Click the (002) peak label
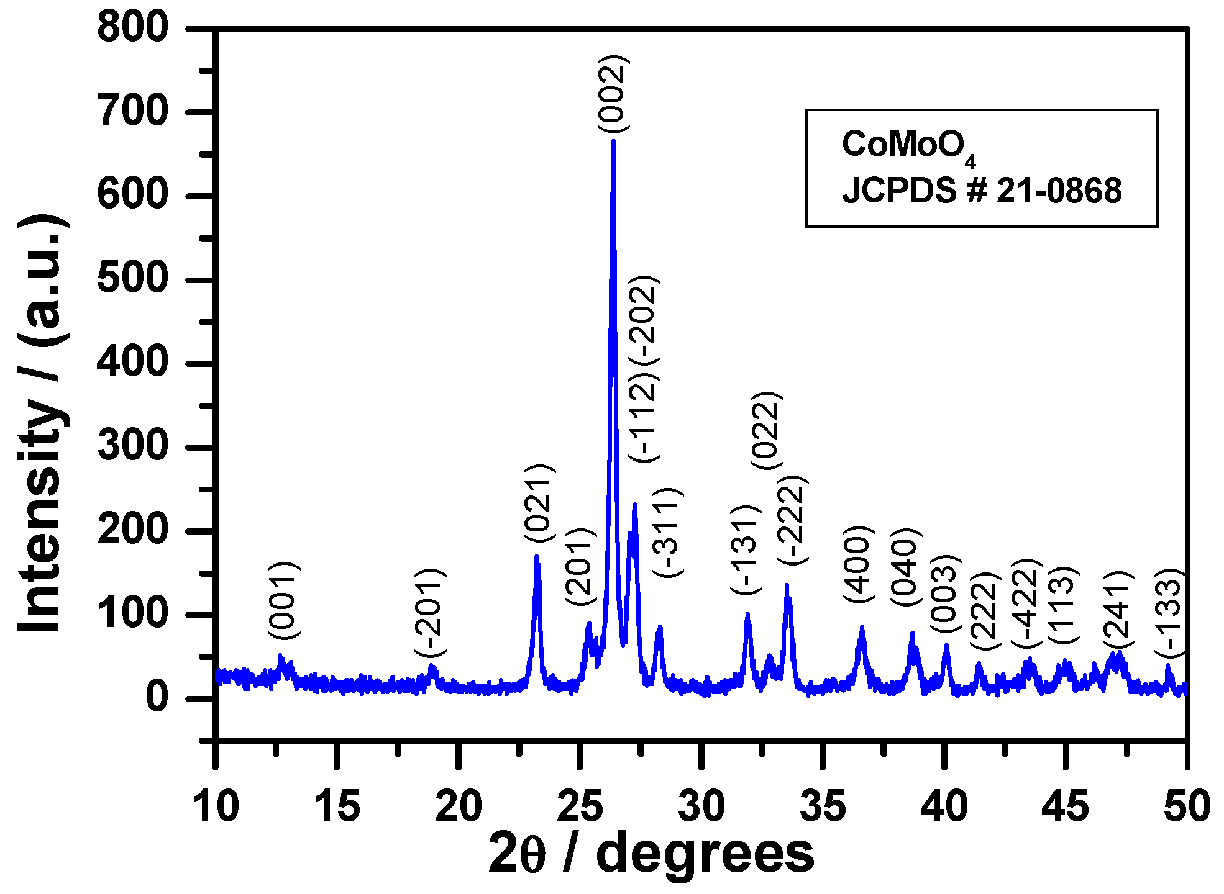click(614, 93)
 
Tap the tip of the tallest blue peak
click(613, 142)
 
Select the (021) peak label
click(539, 503)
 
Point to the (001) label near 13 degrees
click(284, 600)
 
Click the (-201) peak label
click(431, 612)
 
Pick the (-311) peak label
click(668, 533)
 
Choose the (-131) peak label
click(746, 549)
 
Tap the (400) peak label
click(859, 564)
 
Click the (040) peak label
click(905, 567)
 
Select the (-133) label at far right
click(1171, 612)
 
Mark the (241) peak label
click(1118, 610)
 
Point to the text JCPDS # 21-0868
click(982, 191)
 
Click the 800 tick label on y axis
click(132, 28)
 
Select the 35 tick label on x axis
click(823, 806)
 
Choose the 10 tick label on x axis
click(216, 806)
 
